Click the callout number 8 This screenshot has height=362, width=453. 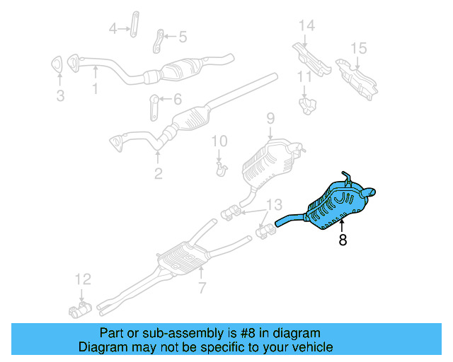click(x=343, y=240)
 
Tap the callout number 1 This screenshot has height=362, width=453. click(x=94, y=89)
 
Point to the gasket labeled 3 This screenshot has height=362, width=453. click(x=60, y=68)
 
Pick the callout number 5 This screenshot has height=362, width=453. click(x=182, y=36)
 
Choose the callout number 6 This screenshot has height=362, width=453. click(x=177, y=99)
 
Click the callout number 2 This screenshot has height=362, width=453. click(x=158, y=173)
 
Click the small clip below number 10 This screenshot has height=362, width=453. click(x=222, y=168)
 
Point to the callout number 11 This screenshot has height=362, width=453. click(x=304, y=76)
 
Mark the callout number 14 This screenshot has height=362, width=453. click(x=306, y=26)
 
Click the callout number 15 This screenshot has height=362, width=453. click(x=359, y=48)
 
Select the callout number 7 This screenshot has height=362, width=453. click(x=202, y=288)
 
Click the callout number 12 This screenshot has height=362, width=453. click(x=82, y=279)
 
